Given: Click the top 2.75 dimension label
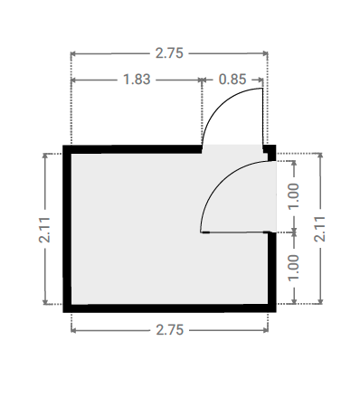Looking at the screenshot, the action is [x=169, y=53].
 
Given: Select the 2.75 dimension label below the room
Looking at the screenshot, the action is [x=170, y=330].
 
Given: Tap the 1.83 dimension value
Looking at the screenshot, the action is [x=137, y=80].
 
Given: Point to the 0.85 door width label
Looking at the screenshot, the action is [x=232, y=80].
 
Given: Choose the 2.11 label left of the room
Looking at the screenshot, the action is [x=44, y=230].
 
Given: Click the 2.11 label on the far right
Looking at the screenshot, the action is [x=320, y=229].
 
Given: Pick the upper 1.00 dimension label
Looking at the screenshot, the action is [x=293, y=196].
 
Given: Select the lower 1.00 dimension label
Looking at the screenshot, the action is [x=293, y=268].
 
